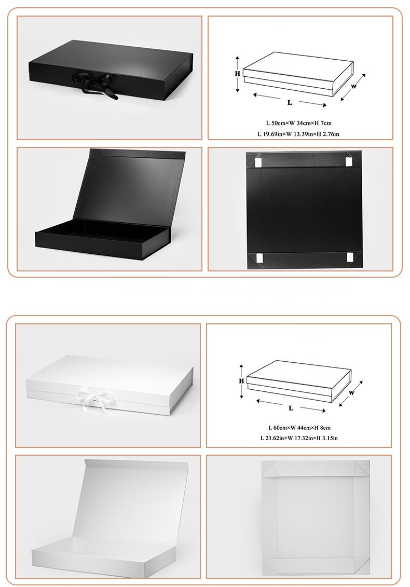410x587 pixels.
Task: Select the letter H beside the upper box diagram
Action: (237, 74)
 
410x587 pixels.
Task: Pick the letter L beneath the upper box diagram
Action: (290, 103)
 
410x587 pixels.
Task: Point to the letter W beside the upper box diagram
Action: (353, 87)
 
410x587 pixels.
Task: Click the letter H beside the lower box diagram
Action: (241, 380)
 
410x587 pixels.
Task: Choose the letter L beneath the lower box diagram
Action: (291, 408)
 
